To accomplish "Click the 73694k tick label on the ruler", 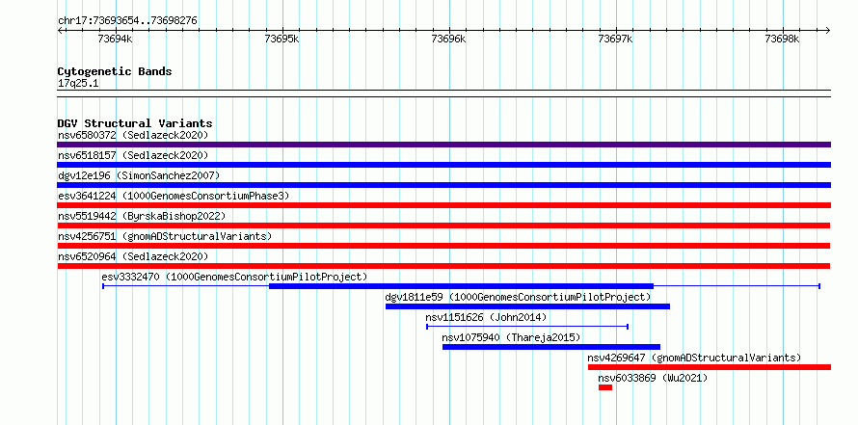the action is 115,39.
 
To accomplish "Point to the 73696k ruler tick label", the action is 448,39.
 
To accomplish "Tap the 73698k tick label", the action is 783,39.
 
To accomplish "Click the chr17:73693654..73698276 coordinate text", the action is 127,21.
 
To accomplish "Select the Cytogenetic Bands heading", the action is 115,71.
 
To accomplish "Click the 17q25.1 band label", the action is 78,84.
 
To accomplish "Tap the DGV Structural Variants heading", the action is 135,123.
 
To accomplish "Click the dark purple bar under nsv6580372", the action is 443,145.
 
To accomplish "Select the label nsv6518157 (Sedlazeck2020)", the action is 133,155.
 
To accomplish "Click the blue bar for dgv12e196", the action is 443,185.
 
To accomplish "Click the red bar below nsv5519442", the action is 443,226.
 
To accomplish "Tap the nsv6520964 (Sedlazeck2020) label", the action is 133,256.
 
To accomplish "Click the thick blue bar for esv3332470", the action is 461,286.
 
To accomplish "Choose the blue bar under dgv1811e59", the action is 527,306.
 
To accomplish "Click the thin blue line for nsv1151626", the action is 527,327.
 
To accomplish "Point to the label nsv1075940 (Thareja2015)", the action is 511,337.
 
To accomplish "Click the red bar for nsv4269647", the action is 710,367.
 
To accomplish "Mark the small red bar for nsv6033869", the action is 605,387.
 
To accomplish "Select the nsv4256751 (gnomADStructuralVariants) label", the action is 165,236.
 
